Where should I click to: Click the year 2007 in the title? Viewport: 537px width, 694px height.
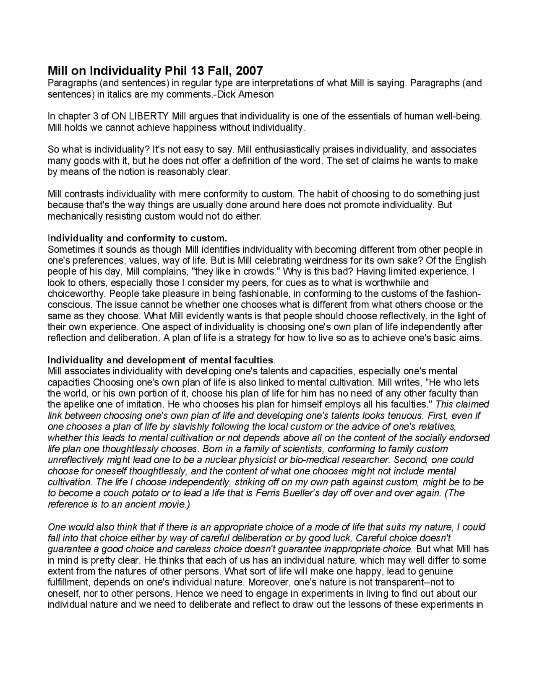(x=250, y=70)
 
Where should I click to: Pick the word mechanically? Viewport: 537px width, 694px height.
(x=72, y=216)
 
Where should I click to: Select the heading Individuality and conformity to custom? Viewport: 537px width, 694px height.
(x=137, y=238)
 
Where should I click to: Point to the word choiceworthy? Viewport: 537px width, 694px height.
(x=71, y=294)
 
